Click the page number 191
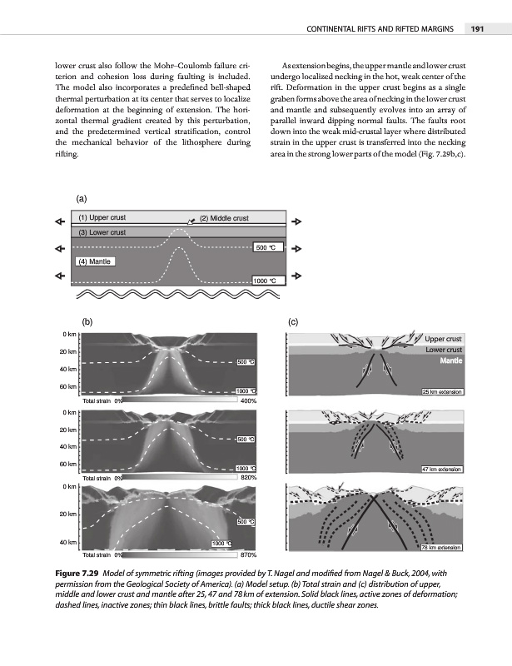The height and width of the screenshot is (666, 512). point(477,30)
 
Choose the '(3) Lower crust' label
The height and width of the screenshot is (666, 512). point(102,232)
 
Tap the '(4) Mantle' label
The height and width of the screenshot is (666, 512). point(95,261)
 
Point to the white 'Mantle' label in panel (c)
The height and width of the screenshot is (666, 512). point(450,361)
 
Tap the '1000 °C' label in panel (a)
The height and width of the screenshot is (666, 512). point(269,281)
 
